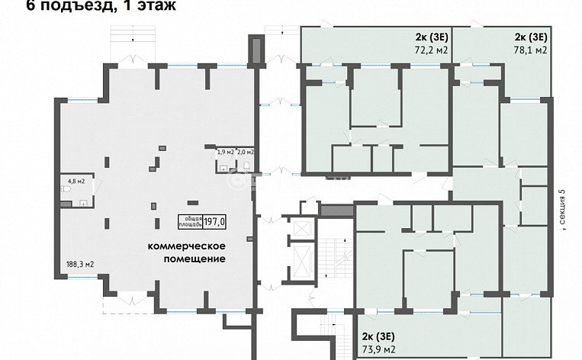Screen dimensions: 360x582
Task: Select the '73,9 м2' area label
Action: tap(378, 349)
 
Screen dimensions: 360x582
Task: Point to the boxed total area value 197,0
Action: tap(215, 221)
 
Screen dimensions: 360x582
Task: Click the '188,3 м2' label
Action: tap(79, 265)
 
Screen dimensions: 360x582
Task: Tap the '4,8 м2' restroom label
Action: tap(76, 182)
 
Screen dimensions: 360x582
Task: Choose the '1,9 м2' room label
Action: tap(225, 152)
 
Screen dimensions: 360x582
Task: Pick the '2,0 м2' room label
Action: tap(245, 152)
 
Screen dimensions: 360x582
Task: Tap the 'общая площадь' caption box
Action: tap(191, 221)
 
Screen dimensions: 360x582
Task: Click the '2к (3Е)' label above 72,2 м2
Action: tap(431, 37)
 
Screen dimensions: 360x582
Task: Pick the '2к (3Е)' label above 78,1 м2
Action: tap(530, 37)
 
